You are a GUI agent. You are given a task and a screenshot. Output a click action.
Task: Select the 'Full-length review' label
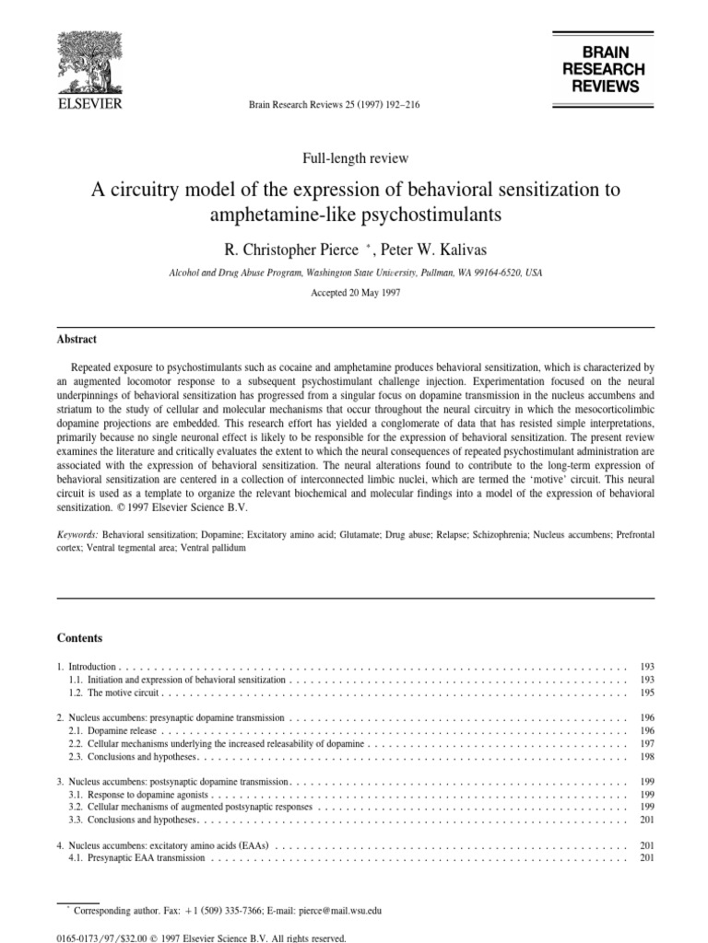(x=355, y=158)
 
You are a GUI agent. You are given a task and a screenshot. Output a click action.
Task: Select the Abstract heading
(x=77, y=340)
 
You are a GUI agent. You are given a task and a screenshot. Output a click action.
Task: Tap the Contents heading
(x=79, y=638)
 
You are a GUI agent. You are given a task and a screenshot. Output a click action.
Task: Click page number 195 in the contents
(x=646, y=692)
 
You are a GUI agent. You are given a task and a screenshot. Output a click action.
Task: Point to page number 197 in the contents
(x=646, y=743)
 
